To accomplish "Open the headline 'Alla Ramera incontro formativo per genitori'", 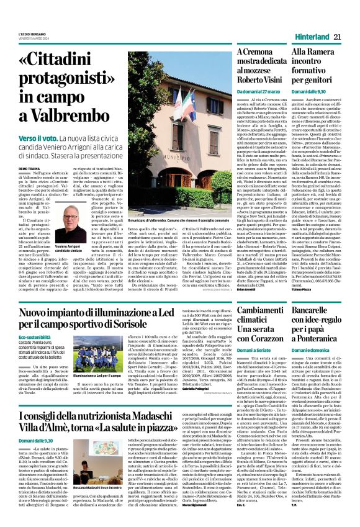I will coord(316,66).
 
